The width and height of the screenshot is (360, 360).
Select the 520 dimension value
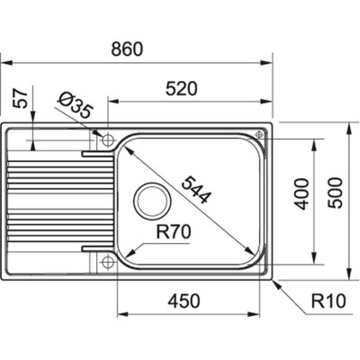coord(182,88)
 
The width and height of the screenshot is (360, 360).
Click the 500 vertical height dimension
coord(336,192)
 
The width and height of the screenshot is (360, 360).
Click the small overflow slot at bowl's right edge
coord(263,135)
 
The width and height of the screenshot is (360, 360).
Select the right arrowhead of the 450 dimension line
coord(266,315)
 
